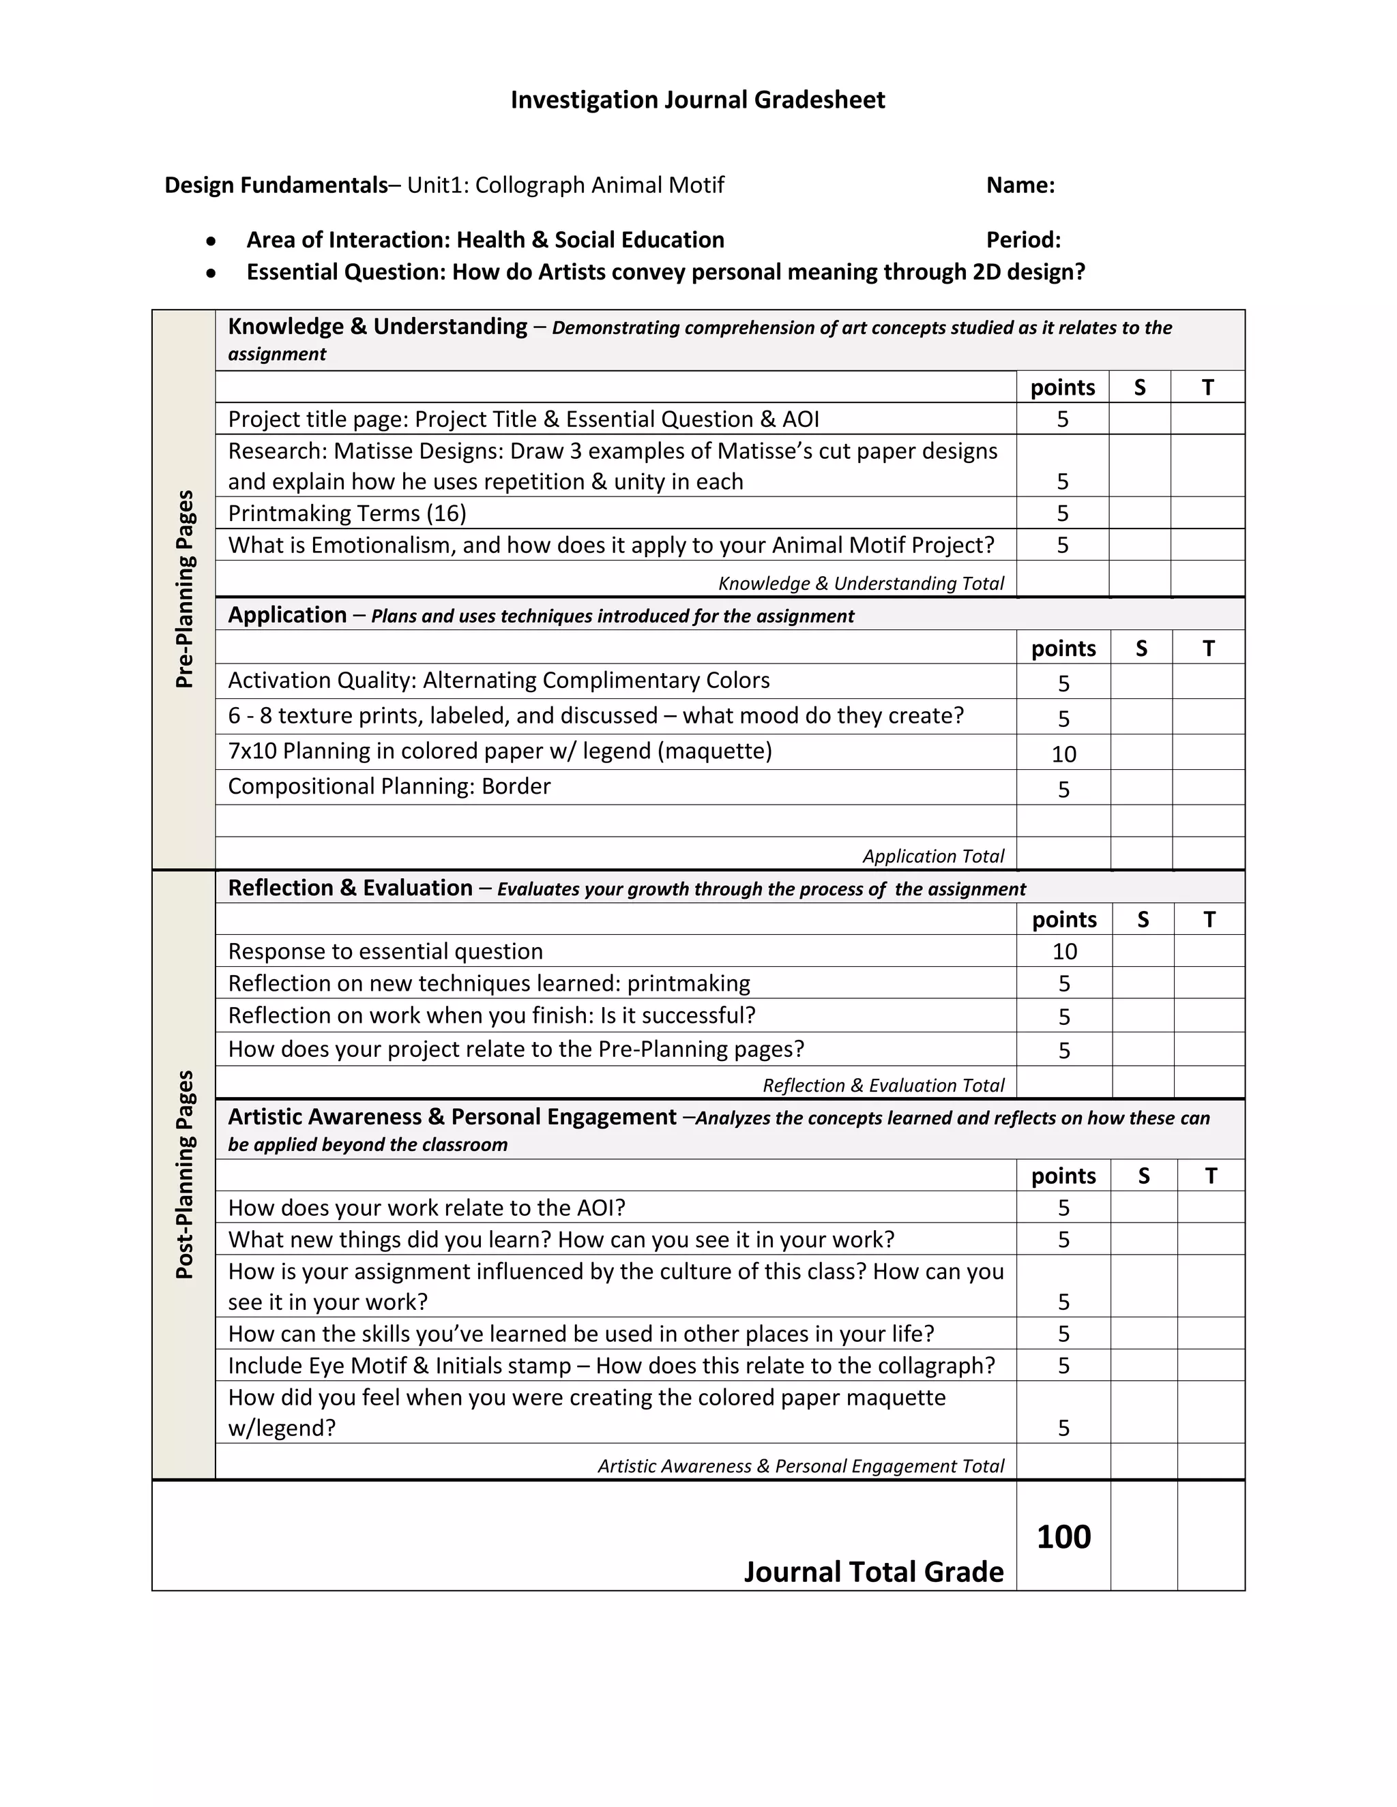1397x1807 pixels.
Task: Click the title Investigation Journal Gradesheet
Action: pos(698,100)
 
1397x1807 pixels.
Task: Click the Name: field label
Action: pos(1020,185)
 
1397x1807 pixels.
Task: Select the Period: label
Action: pos(1023,240)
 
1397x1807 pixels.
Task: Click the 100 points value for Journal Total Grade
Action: pos(1063,1537)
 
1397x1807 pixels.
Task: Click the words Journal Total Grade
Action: pos(873,1572)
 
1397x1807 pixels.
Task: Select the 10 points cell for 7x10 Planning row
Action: pos(1063,753)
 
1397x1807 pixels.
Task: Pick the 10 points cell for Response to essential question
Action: pos(1064,951)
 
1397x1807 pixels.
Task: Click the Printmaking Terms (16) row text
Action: pos(347,514)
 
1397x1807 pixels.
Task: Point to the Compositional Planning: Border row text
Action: pos(389,786)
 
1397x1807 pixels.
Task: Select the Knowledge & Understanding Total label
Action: pos(861,583)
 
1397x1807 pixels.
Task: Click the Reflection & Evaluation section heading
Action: pos(350,888)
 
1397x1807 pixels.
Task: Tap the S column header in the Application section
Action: pos(1141,648)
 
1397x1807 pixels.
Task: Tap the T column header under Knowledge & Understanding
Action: pos(1207,387)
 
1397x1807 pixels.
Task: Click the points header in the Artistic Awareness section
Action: pos(1063,1176)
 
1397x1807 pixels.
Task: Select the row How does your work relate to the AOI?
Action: pos(426,1208)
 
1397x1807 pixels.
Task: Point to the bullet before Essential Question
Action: pos(212,272)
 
